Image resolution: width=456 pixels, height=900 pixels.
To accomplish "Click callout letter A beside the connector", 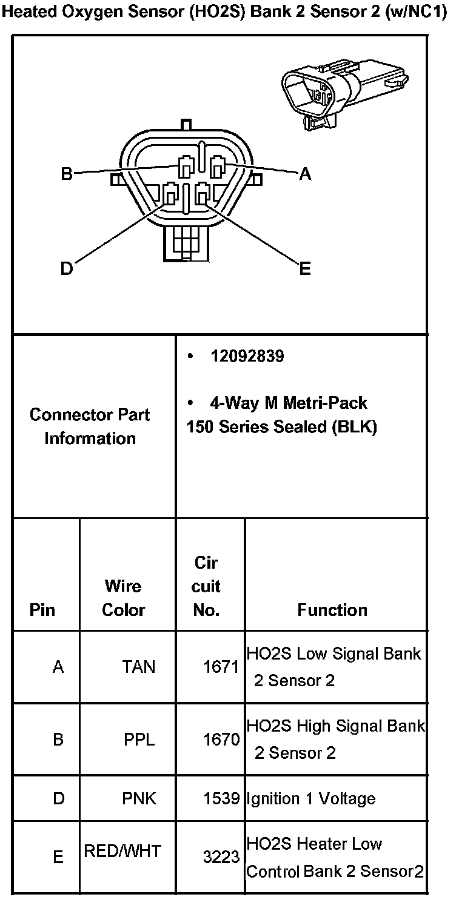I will (x=305, y=174).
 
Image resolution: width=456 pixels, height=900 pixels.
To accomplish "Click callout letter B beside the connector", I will (x=67, y=174).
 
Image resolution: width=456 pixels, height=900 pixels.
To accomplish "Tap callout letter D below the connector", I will (x=67, y=268).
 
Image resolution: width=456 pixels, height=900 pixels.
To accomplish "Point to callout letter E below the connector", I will (x=305, y=268).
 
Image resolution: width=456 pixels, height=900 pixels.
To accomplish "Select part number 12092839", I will (x=247, y=356).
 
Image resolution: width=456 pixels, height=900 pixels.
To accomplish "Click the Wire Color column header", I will (x=123, y=598).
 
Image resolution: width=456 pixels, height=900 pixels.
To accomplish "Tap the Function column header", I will (x=332, y=610).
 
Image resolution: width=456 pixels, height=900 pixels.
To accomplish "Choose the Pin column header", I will (x=42, y=610).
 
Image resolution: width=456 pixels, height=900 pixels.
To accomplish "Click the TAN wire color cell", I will (x=138, y=667).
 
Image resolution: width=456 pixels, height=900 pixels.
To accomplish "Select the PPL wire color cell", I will (x=139, y=740).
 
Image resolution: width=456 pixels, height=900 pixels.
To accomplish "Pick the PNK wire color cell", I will (x=139, y=798).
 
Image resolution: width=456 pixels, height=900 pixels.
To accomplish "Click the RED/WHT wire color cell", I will (x=122, y=852).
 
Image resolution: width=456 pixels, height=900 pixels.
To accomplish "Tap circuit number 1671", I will (x=221, y=667).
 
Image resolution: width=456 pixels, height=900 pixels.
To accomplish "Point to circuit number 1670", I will (x=221, y=740).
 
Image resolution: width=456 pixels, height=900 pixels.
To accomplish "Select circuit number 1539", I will (x=221, y=798).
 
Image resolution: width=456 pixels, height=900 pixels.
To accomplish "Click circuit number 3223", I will (x=221, y=856).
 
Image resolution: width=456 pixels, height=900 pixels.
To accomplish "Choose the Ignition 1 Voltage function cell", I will (x=310, y=798).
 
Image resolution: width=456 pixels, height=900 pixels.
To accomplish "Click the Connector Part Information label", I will (x=90, y=426).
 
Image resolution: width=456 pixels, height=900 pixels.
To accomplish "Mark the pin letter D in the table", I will (x=58, y=798).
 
